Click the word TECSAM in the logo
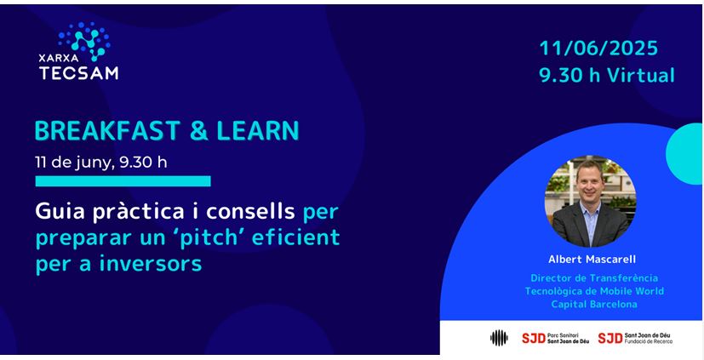[78, 72]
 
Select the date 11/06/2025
[598, 48]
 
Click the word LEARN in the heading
[258, 131]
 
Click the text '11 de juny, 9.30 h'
[101, 163]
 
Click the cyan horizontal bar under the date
[123, 181]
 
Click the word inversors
[151, 265]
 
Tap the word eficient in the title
[295, 237]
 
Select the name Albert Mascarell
[592, 260]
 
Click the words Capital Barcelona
[594, 305]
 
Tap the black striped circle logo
[499, 338]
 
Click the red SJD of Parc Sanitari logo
[534, 338]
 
